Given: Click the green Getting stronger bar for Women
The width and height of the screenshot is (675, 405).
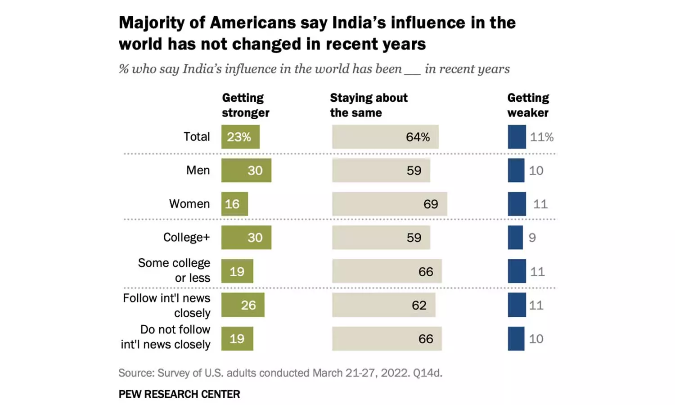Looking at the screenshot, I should point(234,204).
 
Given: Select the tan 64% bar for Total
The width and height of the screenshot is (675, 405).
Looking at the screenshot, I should point(385,137).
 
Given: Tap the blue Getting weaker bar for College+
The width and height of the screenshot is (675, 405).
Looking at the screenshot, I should point(515,237).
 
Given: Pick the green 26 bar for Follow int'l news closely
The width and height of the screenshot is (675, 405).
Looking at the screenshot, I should point(243,305).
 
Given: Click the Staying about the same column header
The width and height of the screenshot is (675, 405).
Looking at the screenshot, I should point(369,105).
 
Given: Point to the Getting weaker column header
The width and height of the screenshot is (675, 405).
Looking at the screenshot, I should point(528,105).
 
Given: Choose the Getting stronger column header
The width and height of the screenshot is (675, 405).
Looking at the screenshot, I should point(245,105).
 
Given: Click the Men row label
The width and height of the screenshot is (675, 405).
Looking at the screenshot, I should point(198,170).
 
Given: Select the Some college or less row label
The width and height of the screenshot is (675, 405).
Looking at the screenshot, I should point(174,270).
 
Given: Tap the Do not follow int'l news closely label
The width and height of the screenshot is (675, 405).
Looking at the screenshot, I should point(166,337).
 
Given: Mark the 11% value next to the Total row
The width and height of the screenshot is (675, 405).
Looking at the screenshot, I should point(541,137).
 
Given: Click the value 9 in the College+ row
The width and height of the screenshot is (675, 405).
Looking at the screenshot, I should point(532,238).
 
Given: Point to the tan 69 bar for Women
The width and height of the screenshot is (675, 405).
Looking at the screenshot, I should point(390,204).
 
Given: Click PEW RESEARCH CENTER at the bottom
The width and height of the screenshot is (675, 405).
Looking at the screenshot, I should point(179,394).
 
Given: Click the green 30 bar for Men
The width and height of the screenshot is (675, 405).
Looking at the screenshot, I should point(246,170).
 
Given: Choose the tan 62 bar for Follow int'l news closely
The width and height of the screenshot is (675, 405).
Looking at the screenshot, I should point(384,305).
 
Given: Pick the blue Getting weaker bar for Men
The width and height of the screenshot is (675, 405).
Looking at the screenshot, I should point(516,170).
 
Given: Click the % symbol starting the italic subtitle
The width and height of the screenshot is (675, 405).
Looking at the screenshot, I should point(123,69).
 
